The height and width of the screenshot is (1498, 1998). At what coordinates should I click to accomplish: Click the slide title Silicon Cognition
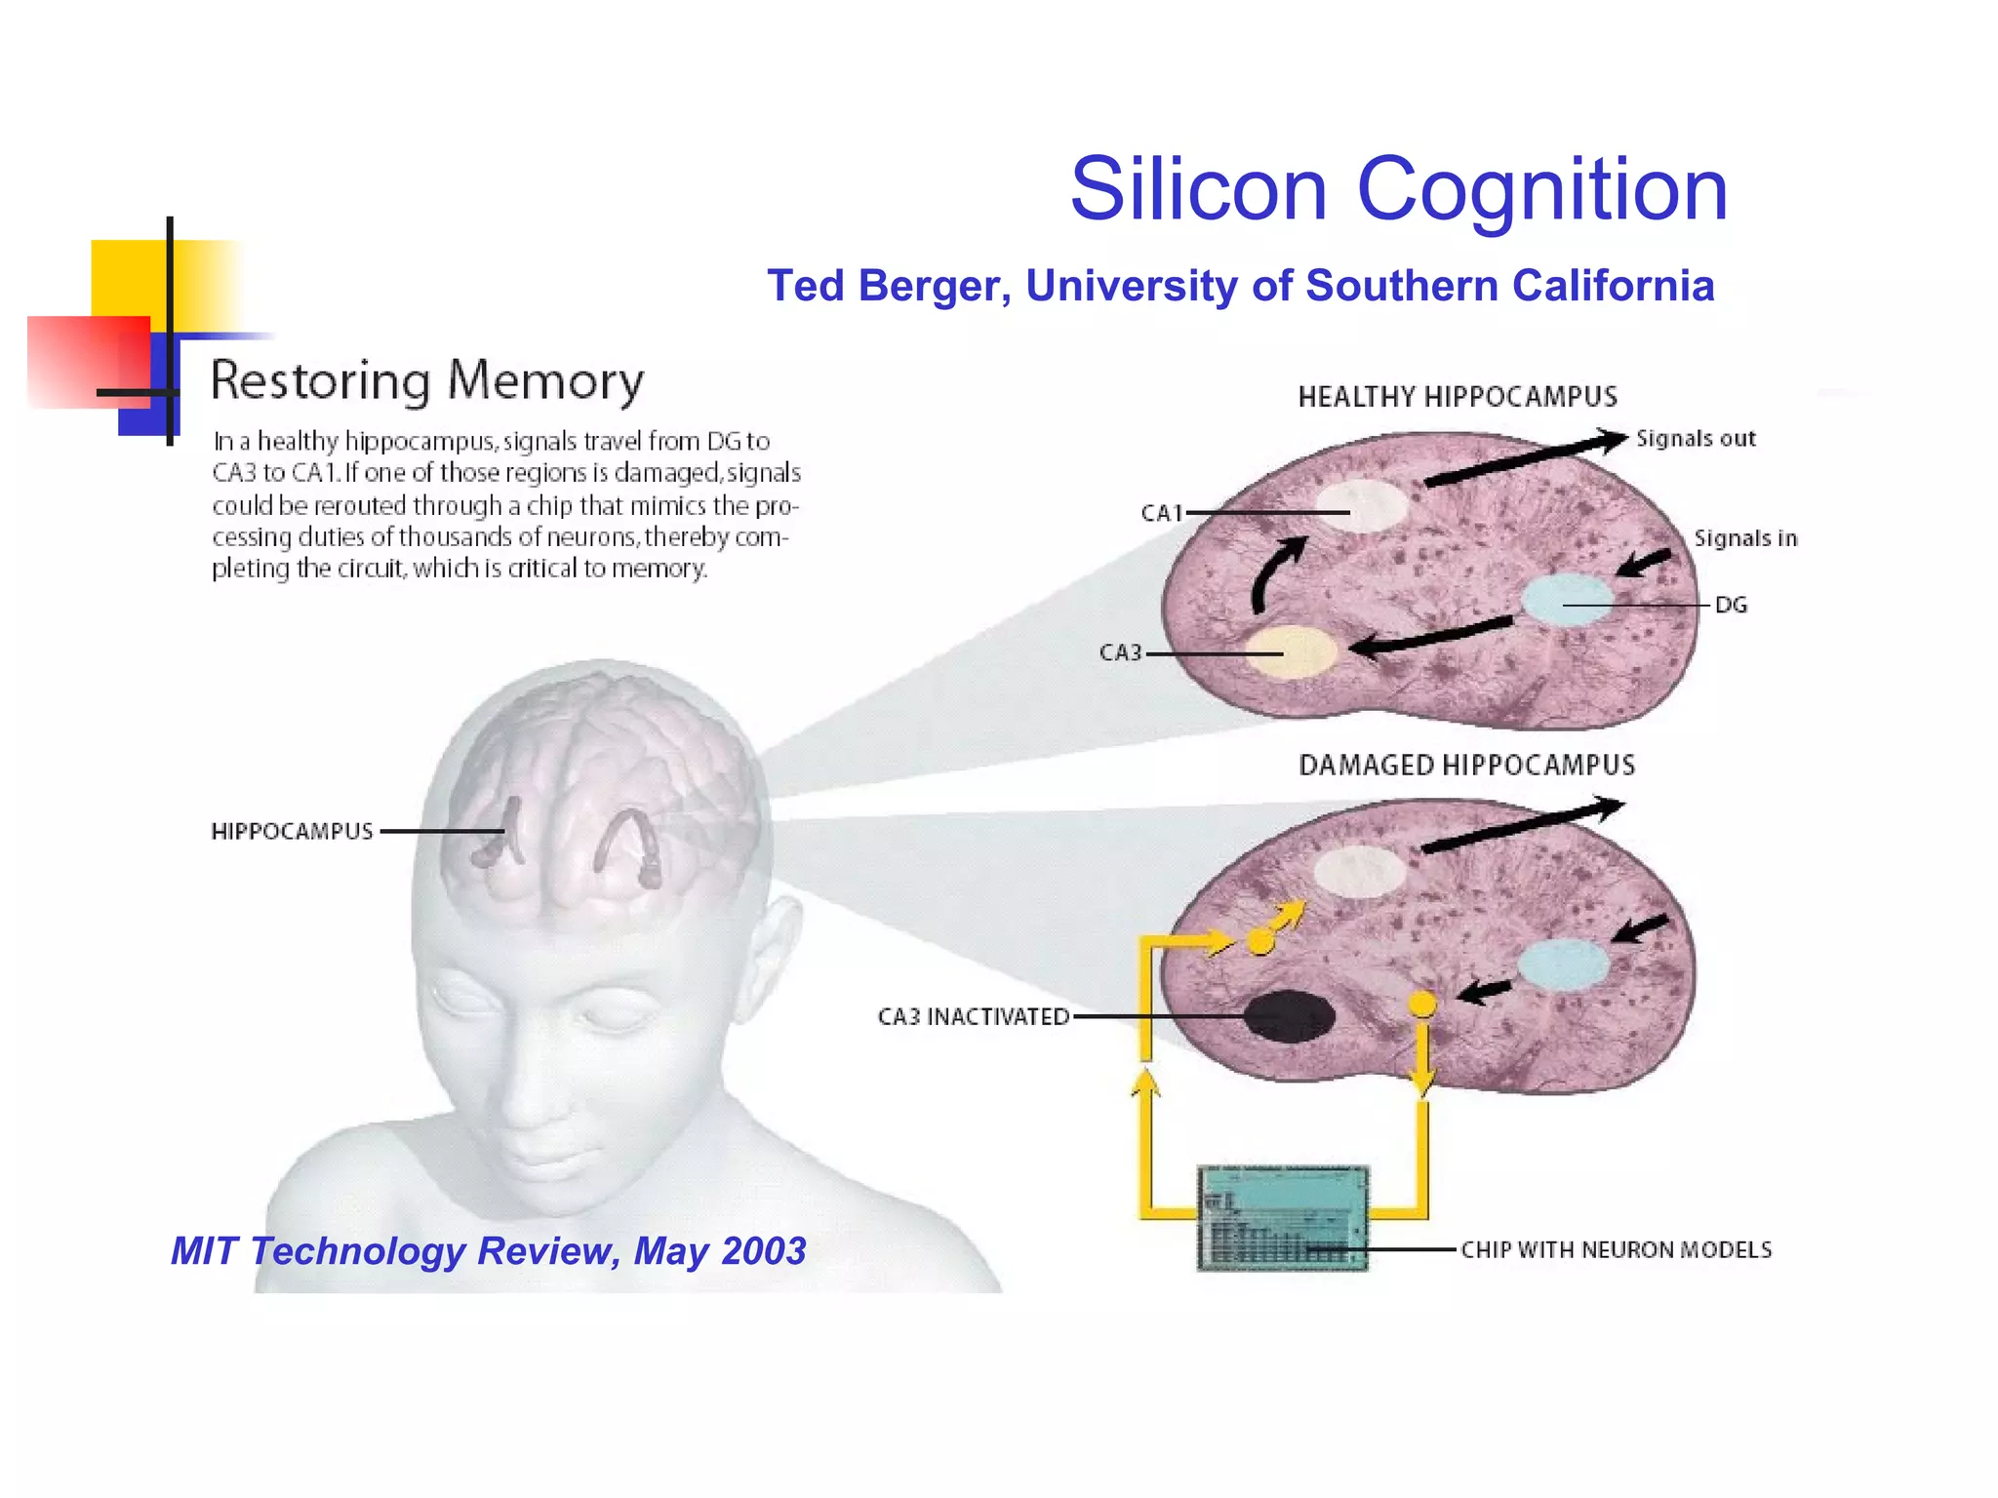(x=1398, y=189)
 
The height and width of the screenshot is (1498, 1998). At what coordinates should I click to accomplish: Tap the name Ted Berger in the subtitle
(x=888, y=286)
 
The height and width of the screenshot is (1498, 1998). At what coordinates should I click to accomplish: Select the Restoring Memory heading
(x=427, y=380)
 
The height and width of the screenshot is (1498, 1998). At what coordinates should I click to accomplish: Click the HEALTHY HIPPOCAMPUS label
(x=1457, y=397)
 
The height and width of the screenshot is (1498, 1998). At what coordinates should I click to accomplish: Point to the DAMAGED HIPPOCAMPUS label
(x=1466, y=766)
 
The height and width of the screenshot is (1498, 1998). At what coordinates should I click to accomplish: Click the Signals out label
(x=1696, y=439)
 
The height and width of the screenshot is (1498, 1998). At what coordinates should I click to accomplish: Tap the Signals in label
(x=1744, y=538)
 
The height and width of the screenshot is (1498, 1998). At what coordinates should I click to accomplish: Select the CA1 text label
(x=1161, y=513)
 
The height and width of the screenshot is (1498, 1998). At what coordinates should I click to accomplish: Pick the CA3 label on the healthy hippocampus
(x=1120, y=652)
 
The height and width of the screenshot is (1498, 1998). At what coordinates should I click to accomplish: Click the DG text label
(x=1731, y=605)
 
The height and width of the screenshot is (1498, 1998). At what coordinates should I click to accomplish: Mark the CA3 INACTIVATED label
(x=973, y=1016)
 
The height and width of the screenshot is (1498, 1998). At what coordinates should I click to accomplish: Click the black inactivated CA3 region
(x=1289, y=1016)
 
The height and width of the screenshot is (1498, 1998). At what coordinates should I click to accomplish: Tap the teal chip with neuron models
(x=1282, y=1217)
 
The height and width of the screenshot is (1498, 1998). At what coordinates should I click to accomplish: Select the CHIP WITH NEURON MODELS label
(x=1616, y=1250)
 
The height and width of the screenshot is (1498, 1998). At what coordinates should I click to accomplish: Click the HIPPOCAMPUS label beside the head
(x=292, y=831)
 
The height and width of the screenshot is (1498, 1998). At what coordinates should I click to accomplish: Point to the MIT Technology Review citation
(x=488, y=1251)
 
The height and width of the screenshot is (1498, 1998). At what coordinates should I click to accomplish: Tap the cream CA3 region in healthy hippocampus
(x=1290, y=651)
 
